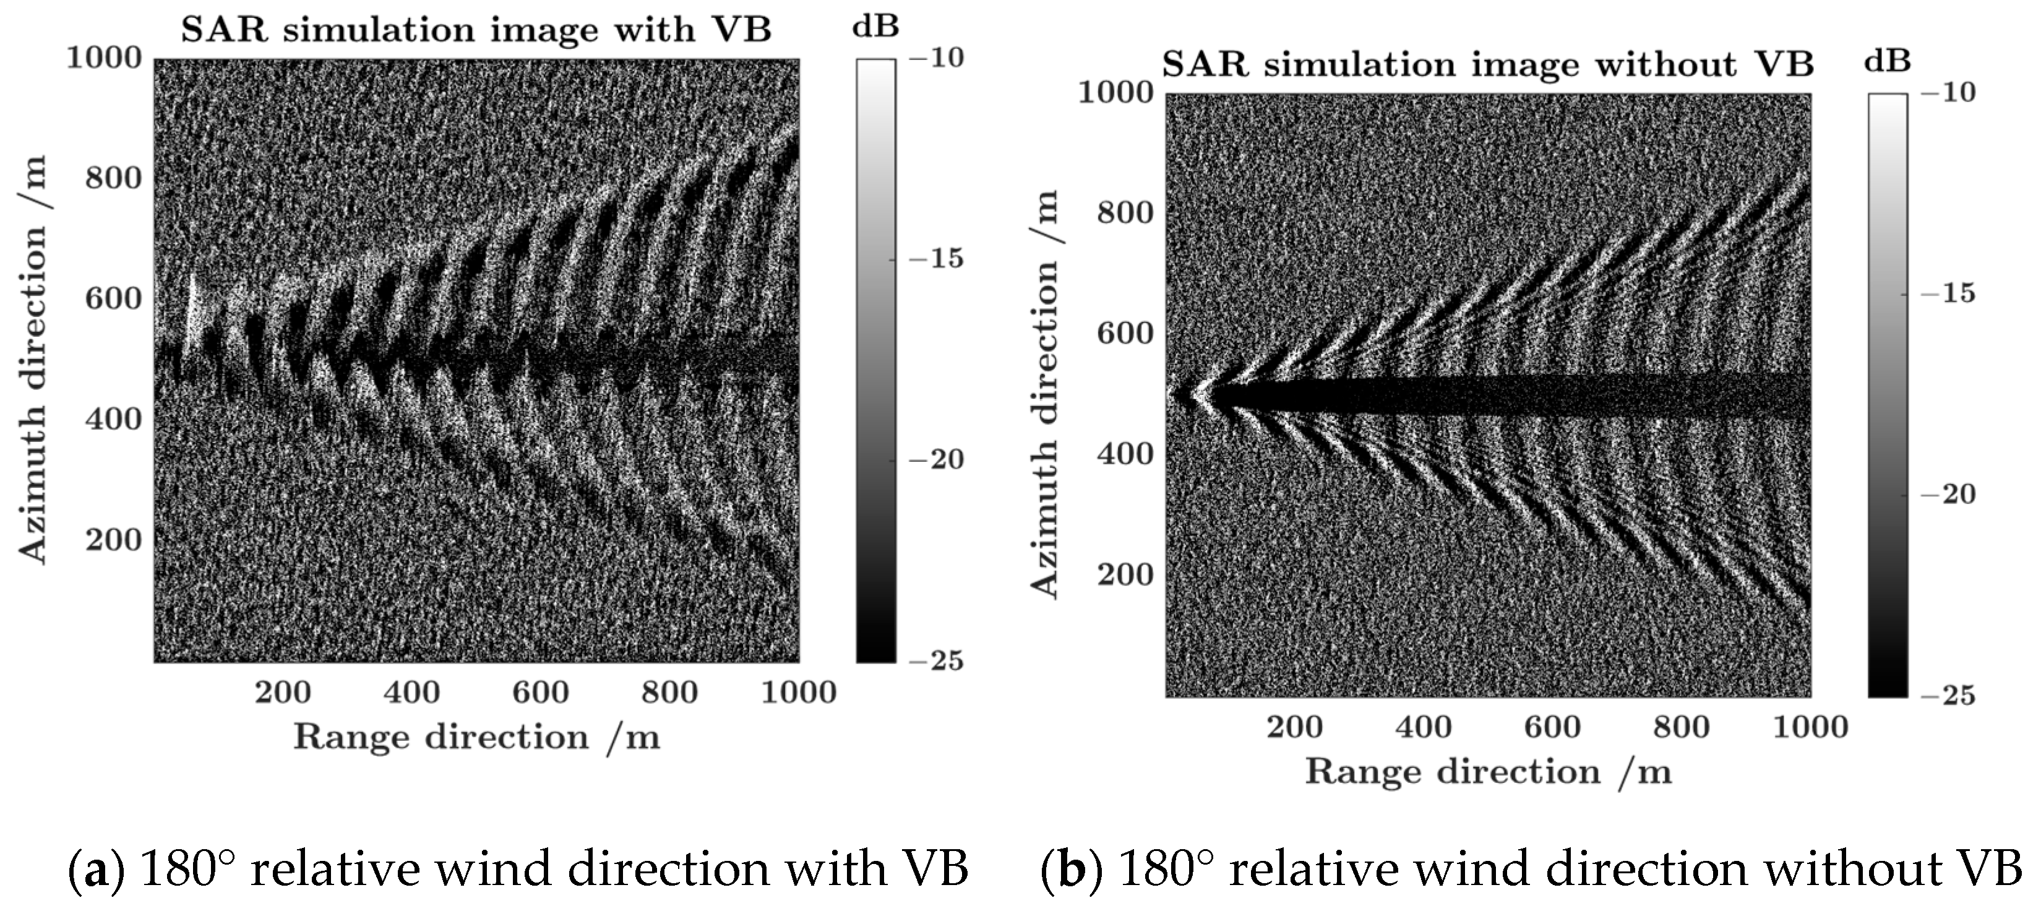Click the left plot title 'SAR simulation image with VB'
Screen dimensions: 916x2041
(x=476, y=30)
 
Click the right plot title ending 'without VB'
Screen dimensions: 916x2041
(x=1487, y=65)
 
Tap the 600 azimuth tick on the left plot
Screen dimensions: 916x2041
(x=113, y=299)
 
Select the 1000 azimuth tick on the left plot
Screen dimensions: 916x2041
(x=104, y=58)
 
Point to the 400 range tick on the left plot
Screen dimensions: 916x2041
(x=411, y=693)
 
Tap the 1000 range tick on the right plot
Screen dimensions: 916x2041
(x=1810, y=727)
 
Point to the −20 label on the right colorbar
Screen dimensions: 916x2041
(x=1948, y=495)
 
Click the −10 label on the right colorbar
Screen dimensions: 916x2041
(x=1948, y=93)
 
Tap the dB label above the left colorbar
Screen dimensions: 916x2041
(x=875, y=27)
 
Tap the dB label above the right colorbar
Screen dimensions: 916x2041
(x=1888, y=62)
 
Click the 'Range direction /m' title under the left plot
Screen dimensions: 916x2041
(x=476, y=738)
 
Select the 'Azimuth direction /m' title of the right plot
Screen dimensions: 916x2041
(x=1045, y=394)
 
